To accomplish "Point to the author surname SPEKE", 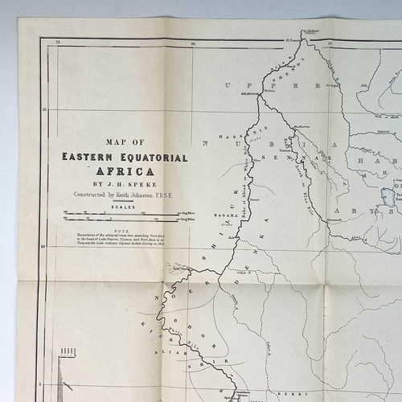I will [x=138, y=183].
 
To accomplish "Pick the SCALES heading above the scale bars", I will [x=123, y=207].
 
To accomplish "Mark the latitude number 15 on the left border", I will [x=45, y=109].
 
